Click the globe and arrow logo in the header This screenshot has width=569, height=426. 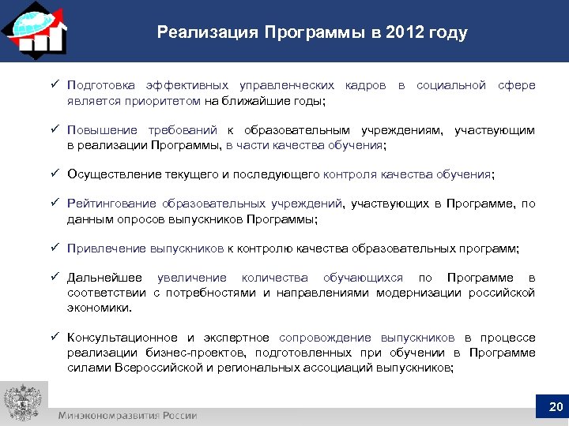(x=34, y=29)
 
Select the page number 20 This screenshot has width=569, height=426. (x=554, y=408)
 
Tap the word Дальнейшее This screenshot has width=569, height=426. (x=105, y=278)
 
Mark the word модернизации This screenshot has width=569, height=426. (x=417, y=293)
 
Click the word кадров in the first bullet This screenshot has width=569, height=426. (x=365, y=85)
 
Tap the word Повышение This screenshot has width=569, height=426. (x=103, y=130)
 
